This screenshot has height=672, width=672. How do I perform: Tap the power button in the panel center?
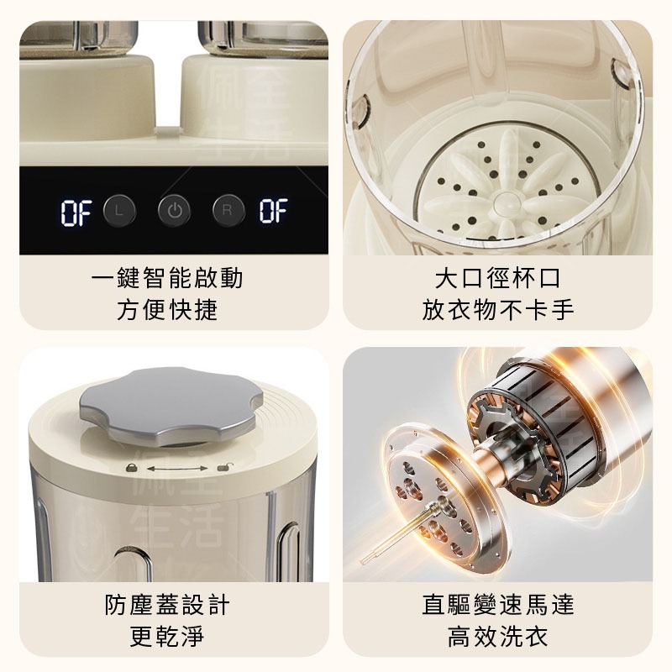[174, 211]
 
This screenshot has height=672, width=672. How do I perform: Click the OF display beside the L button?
[76, 213]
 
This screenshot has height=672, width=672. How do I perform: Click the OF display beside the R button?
[273, 211]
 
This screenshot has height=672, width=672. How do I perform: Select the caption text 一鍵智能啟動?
[167, 278]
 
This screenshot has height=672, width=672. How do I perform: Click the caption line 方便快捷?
[167, 310]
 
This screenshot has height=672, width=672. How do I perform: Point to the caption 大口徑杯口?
[497, 278]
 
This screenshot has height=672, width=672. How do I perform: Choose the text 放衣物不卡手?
[497, 310]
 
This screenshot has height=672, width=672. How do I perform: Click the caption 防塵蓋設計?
[167, 605]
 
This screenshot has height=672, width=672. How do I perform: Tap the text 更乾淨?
[167, 637]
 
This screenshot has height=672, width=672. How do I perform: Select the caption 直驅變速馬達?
[497, 605]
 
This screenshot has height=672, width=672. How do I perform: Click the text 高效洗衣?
[497, 637]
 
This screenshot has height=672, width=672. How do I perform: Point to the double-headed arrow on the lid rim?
[177, 469]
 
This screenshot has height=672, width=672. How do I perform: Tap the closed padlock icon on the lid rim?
[132, 467]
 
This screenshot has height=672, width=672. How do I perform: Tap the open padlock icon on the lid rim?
[223, 467]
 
